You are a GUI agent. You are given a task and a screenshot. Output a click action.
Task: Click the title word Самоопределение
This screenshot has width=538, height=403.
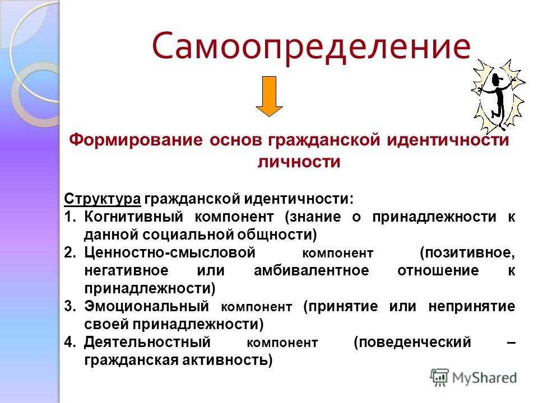point(311,47)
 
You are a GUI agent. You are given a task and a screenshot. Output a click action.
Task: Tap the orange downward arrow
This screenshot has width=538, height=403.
point(270,96)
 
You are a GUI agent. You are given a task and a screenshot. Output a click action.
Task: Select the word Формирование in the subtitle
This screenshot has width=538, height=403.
point(136,140)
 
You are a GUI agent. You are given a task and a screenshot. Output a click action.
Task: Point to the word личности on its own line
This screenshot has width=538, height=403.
point(299,162)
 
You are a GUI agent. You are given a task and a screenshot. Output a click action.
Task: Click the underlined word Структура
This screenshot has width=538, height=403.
point(102,199)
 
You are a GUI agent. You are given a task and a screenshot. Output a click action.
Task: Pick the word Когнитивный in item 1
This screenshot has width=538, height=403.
point(134,217)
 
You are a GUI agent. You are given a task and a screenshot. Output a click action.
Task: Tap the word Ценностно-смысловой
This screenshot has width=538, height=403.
point(170,252)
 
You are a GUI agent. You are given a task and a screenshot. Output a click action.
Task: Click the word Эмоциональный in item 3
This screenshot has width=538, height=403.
point(146,306)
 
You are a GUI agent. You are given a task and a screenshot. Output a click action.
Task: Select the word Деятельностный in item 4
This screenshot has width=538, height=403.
point(147,342)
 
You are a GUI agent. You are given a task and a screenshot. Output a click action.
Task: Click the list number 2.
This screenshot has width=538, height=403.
point(69,252)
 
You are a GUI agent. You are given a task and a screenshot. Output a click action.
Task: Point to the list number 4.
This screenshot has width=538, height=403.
point(69,342)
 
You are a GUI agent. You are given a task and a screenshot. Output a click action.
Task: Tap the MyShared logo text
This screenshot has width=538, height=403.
point(484,378)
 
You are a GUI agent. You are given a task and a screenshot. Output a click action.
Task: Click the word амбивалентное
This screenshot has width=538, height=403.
point(312,270)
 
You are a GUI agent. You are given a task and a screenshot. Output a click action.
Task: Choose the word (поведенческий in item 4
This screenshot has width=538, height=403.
point(412,343)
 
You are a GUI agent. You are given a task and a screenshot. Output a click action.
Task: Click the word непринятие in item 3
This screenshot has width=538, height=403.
point(472,306)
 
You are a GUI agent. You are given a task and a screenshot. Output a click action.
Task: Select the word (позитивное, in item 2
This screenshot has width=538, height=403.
point(467,253)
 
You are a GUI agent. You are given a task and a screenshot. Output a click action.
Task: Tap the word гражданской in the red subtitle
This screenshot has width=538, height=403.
point(324,140)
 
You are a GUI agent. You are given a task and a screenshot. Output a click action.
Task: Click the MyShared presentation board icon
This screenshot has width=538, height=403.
point(439,377)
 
